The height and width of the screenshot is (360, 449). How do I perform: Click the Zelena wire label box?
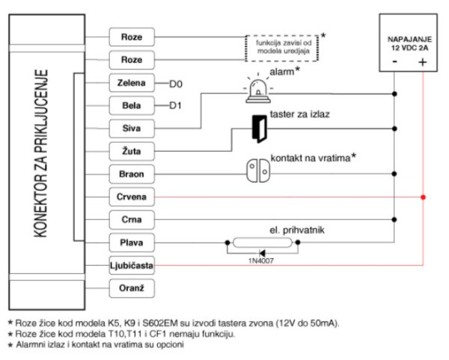[x=131, y=82]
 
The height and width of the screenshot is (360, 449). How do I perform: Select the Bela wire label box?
[x=131, y=106]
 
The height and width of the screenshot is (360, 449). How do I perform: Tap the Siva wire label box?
[x=131, y=128]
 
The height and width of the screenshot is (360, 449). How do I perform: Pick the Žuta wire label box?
[x=131, y=151]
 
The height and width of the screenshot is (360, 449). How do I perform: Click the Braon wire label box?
[x=131, y=174]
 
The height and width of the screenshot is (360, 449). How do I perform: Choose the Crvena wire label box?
[x=131, y=198]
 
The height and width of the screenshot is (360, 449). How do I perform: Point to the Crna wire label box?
[x=131, y=220]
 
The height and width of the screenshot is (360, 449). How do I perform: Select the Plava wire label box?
[x=131, y=243]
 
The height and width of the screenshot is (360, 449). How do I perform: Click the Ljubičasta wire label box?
[x=131, y=266]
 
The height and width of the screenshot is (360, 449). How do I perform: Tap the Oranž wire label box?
[x=131, y=289]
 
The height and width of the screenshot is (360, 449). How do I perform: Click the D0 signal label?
[x=177, y=82]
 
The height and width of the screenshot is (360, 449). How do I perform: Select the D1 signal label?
[x=176, y=106]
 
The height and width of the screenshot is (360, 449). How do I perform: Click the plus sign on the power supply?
[x=423, y=64]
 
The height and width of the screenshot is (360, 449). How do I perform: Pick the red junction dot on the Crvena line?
[x=424, y=198]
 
